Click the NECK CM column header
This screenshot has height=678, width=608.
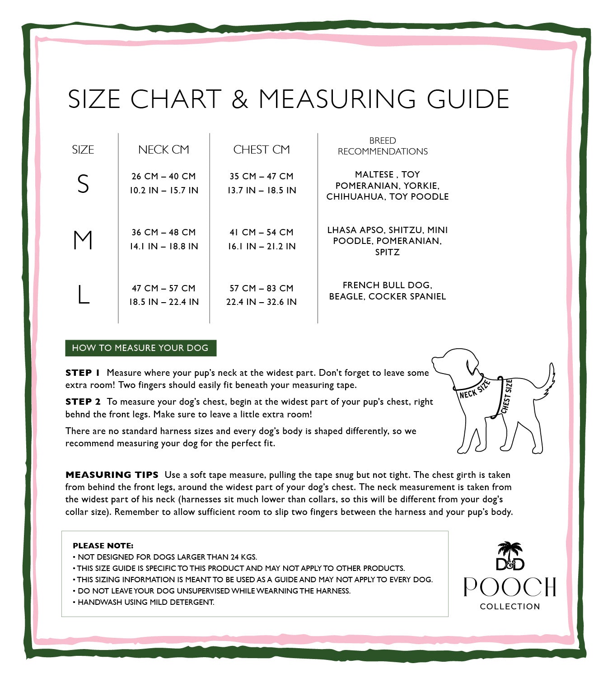click(164, 150)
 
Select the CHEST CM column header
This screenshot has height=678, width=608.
click(262, 150)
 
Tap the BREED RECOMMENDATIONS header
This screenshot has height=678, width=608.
click(383, 146)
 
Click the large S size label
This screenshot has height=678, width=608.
click(83, 184)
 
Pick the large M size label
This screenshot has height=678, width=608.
click(83, 240)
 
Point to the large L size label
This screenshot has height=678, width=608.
click(83, 295)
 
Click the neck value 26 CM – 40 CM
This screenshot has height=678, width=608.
click(164, 176)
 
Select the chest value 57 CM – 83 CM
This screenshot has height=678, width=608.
click(262, 288)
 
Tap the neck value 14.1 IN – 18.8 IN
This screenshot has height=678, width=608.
click(164, 246)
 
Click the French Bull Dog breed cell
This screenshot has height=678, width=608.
click(387, 291)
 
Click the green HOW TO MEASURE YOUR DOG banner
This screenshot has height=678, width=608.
click(140, 348)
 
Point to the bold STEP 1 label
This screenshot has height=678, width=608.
click(83, 373)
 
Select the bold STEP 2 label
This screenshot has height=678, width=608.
click(83, 402)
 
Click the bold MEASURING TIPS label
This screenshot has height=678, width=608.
click(112, 475)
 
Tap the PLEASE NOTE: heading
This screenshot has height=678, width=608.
click(103, 546)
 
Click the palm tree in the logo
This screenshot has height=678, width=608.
click(510, 549)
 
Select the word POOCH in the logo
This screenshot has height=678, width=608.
click(510, 587)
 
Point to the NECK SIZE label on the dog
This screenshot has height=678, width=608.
click(474, 389)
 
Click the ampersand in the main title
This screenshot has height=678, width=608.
click(240, 99)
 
